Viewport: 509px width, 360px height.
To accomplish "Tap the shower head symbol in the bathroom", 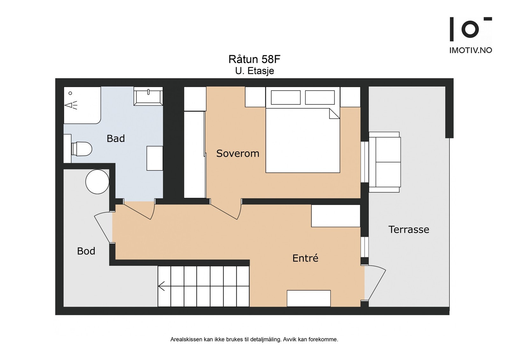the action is pyautogui.click(x=71, y=105).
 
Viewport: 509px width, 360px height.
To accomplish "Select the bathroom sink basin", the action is pyautogui.click(x=148, y=96).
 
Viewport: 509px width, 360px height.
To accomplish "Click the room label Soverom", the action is pyautogui.click(x=238, y=154).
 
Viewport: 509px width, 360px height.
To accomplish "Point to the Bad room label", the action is pyautogui.click(x=116, y=139).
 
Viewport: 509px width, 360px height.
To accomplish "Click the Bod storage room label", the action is pyautogui.click(x=86, y=251).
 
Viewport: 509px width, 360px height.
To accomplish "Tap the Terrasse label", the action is pyautogui.click(x=409, y=230).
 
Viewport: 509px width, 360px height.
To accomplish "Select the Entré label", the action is pyautogui.click(x=305, y=258).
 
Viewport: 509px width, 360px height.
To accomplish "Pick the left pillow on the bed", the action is pyautogui.click(x=286, y=97).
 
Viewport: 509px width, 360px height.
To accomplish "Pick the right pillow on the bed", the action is pyautogui.click(x=320, y=97).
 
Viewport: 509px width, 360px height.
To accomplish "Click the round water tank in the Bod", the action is pyautogui.click(x=97, y=182).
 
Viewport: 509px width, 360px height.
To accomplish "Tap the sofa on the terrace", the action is pyautogui.click(x=385, y=162).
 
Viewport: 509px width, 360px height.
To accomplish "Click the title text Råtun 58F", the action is pyautogui.click(x=254, y=59).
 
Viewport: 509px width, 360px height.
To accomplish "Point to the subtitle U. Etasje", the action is pyautogui.click(x=254, y=71).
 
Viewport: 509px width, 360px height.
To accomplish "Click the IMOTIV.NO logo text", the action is pyautogui.click(x=471, y=50).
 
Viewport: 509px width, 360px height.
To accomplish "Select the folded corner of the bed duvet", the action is pyautogui.click(x=334, y=113).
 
